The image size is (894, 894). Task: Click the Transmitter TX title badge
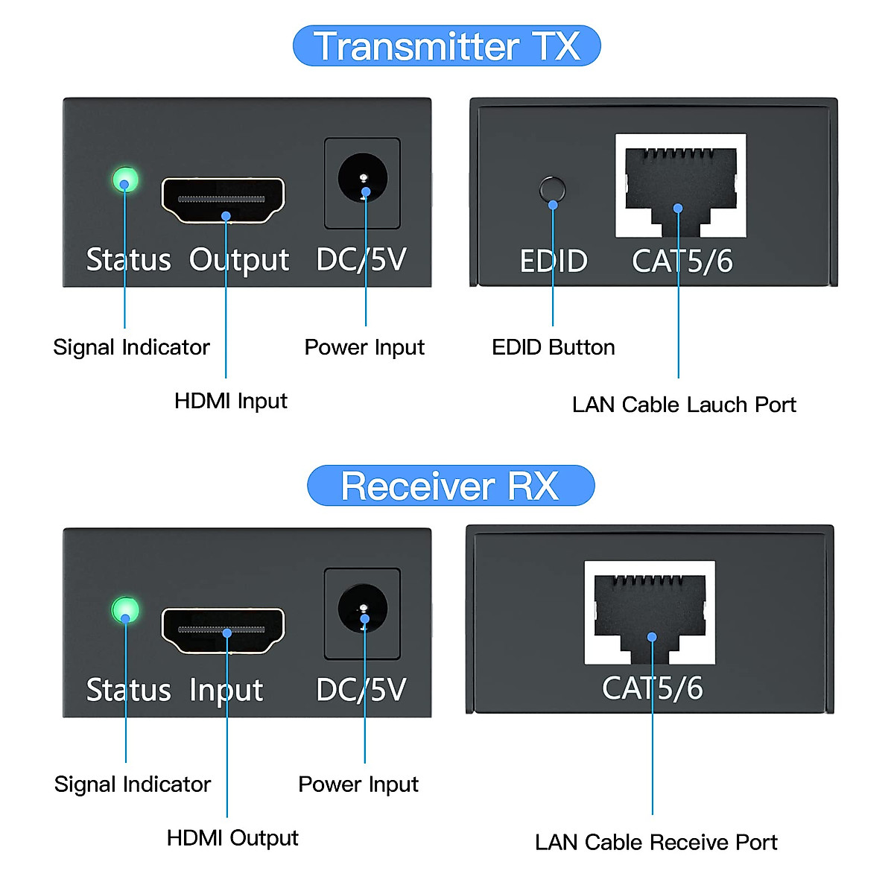coord(447,46)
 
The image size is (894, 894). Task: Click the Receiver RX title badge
coord(451,486)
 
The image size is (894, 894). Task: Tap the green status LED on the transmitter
coord(125,180)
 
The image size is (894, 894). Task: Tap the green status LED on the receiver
coord(125,610)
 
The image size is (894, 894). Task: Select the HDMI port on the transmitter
coord(223,200)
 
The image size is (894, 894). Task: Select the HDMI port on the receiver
coord(223,630)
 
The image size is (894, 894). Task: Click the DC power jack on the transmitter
coord(363,180)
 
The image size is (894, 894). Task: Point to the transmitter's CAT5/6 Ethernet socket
coord(680,186)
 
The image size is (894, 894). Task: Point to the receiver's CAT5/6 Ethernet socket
coord(650,613)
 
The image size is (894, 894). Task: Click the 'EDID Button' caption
coord(554,347)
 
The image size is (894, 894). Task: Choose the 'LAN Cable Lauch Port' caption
coord(684,405)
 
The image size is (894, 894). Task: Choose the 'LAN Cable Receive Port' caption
coord(656,842)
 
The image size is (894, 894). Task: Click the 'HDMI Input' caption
coord(230,401)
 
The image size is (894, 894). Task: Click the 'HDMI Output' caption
coord(232,838)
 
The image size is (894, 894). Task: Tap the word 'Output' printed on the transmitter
coord(239,260)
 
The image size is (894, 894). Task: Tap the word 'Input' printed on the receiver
coord(226,691)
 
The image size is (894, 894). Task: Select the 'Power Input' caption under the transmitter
coord(364,347)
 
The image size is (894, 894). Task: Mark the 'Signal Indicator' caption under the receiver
coord(133,784)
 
